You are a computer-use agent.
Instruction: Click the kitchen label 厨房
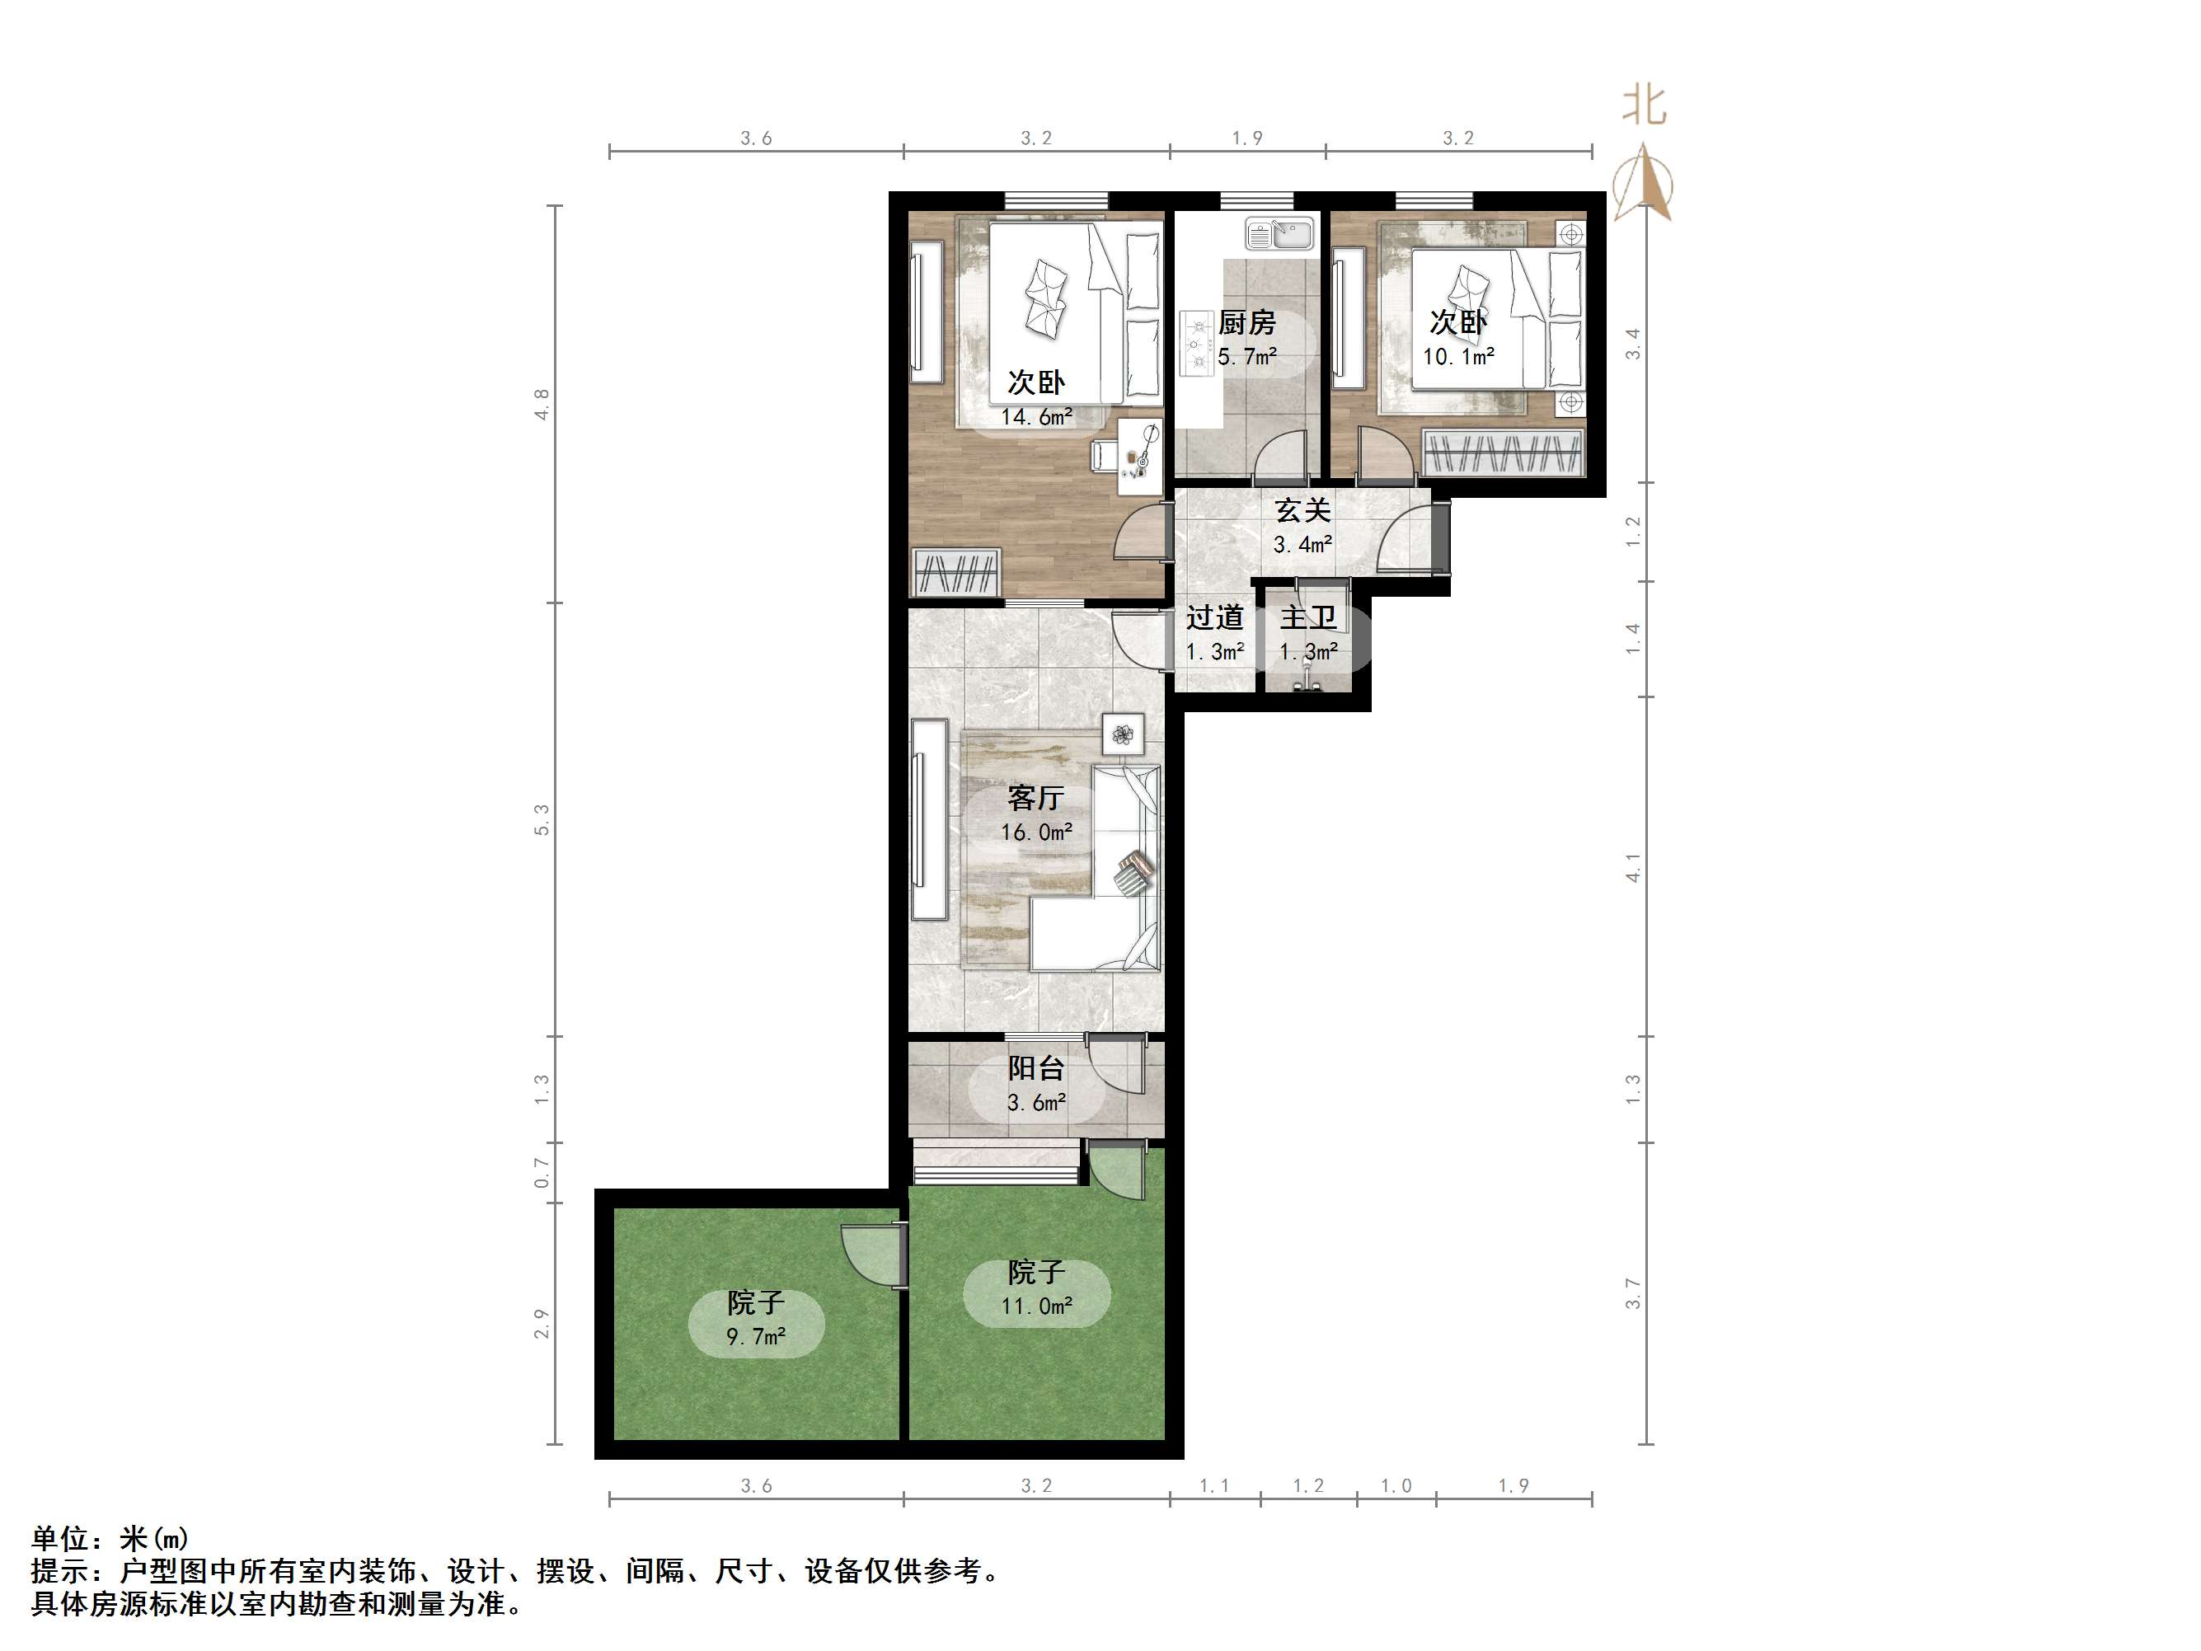[1246, 322]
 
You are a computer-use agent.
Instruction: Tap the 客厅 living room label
[1036, 797]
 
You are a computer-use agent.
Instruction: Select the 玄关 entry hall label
[1302, 510]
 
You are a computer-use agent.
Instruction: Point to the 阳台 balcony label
[1036, 1067]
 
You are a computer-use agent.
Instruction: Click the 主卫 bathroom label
[1307, 618]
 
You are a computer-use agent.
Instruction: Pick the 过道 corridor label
[1214, 618]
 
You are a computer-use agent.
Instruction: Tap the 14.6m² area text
[1036, 417]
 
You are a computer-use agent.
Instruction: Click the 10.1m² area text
[1457, 356]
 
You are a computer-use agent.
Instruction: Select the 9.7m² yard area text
[755, 1336]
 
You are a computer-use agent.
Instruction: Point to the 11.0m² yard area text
[1036, 1306]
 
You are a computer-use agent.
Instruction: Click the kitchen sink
[1279, 235]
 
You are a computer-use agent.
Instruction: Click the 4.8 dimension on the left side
[542, 404]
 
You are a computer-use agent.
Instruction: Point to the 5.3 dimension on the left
[542, 819]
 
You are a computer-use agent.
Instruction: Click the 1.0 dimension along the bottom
[1396, 1486]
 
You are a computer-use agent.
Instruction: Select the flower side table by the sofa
[1124, 735]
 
